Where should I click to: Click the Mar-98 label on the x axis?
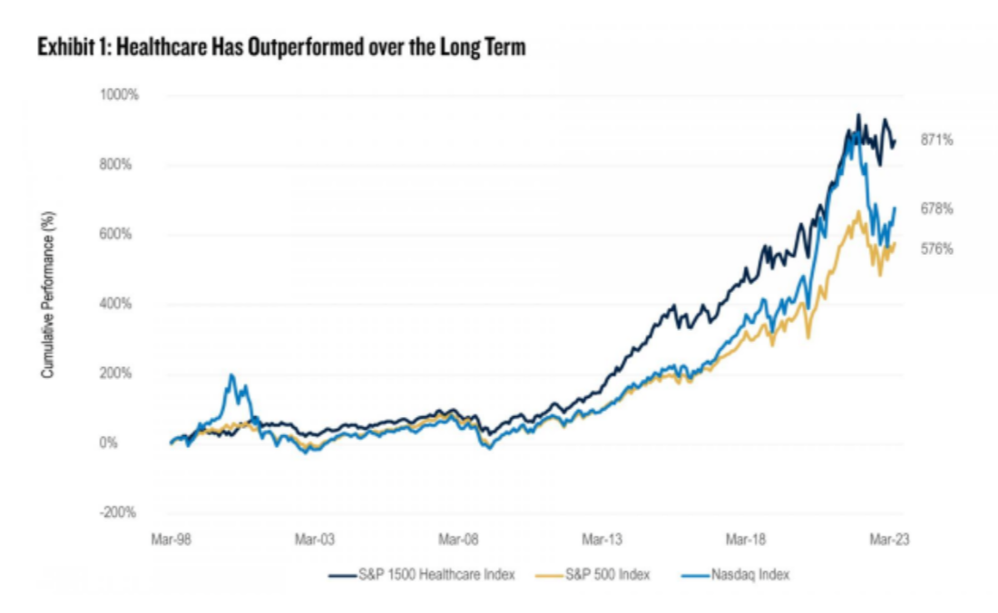point(171,539)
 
